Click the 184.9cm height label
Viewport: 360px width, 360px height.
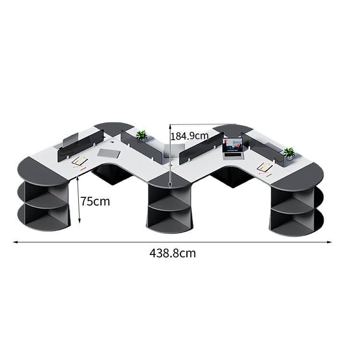[x=190, y=136]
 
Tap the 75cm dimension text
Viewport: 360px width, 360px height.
[x=95, y=201]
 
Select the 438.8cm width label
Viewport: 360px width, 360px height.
[x=173, y=253]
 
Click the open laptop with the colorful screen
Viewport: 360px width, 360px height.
[x=233, y=148]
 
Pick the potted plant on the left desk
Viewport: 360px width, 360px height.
[x=142, y=135]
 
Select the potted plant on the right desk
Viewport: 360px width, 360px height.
[x=289, y=154]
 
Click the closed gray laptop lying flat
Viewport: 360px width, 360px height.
[x=108, y=154]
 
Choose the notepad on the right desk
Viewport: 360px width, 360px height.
[x=264, y=167]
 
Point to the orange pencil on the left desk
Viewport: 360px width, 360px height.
[x=84, y=169]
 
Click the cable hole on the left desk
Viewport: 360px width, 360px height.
[x=112, y=143]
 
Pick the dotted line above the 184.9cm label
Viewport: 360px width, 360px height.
[x=203, y=124]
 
